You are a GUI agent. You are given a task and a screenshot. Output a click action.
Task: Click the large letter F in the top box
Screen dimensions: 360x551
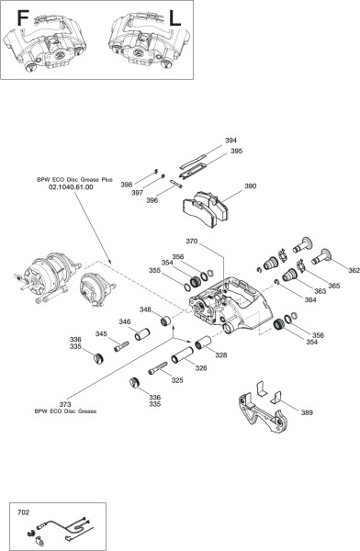tap(22, 18)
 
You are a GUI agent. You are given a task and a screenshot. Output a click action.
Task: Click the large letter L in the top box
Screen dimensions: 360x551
tap(174, 18)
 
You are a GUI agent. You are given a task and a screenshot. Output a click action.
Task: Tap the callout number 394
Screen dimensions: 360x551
tap(231, 141)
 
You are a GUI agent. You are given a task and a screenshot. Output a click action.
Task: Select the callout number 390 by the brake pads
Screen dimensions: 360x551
tap(251, 186)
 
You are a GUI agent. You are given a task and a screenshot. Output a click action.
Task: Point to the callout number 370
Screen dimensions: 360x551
tap(192, 242)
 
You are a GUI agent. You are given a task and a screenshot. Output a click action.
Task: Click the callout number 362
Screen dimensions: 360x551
tap(354, 270)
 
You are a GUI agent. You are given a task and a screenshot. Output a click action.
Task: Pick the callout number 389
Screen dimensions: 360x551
tap(307, 412)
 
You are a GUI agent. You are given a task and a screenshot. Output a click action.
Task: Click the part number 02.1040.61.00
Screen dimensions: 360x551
tap(71, 187)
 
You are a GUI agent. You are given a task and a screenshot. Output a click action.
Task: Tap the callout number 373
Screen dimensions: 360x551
tap(65, 404)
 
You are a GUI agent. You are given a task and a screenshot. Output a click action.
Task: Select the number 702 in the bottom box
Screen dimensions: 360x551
tap(23, 512)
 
